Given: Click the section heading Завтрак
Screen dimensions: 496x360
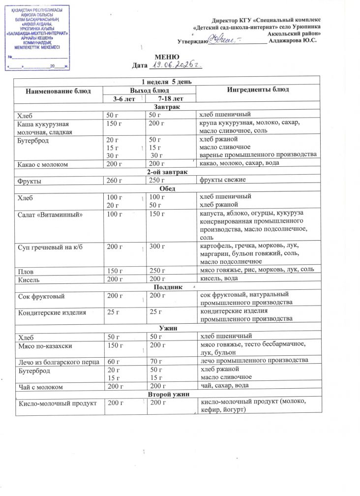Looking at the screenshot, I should (x=166, y=107).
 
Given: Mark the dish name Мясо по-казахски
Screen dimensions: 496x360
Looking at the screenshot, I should (x=44, y=345).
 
